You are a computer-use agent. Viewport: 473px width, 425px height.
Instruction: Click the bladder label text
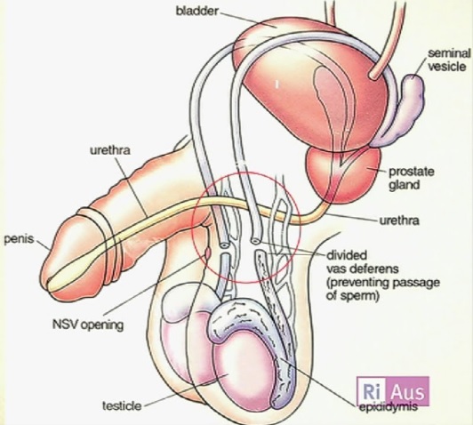tap(196, 12)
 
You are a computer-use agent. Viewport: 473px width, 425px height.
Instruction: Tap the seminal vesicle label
tap(449, 60)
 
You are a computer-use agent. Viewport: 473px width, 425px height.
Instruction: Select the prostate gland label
tap(411, 178)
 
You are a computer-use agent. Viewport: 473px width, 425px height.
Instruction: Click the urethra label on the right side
tap(399, 221)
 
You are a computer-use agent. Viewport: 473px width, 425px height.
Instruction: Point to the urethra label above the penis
tap(110, 150)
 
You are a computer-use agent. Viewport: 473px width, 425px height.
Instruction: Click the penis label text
tap(19, 239)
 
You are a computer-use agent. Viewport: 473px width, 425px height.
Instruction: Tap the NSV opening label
tap(88, 325)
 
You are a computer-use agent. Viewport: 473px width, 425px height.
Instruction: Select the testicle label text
tap(122, 405)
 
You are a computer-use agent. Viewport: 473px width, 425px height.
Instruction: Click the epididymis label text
tap(389, 406)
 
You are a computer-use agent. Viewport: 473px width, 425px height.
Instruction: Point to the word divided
tap(347, 255)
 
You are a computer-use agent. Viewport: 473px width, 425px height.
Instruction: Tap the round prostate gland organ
tap(344, 175)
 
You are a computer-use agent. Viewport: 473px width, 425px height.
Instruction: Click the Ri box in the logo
tap(372, 391)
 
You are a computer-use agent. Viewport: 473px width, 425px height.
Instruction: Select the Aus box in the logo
tap(408, 391)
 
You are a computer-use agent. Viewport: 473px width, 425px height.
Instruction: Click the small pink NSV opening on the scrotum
tap(207, 253)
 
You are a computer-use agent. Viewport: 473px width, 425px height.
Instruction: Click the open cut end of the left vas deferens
tap(223, 245)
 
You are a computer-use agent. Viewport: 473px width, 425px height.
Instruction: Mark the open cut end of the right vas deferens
tap(255, 240)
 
